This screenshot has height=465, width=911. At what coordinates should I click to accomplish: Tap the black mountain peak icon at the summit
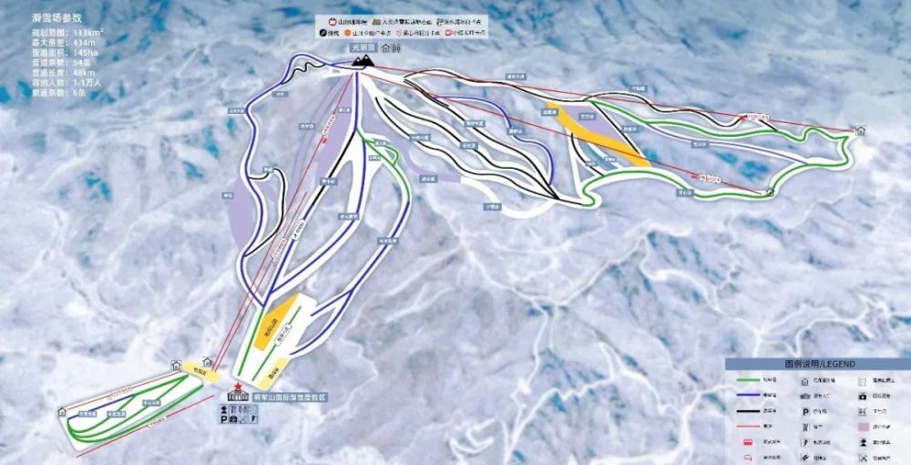click(x=364, y=60)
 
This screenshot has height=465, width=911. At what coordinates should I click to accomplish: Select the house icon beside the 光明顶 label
click(x=385, y=47)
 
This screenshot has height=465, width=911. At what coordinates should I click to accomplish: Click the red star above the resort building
click(x=239, y=386)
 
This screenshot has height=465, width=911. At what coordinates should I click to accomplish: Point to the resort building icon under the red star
click(x=238, y=397)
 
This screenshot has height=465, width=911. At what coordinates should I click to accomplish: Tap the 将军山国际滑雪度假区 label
click(x=290, y=398)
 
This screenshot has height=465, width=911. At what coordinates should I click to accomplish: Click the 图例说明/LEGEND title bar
click(x=817, y=364)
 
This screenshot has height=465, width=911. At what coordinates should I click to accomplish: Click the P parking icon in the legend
click(x=804, y=411)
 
